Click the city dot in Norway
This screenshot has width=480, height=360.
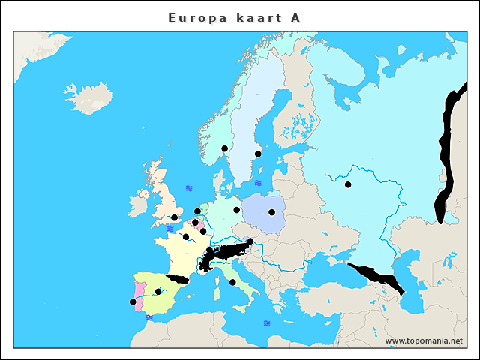tap(224, 148)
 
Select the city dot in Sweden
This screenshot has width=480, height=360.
tap(258, 154)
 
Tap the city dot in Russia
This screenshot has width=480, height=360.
tap(348, 184)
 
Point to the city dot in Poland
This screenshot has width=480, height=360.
tap(271, 212)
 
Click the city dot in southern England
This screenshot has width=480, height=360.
tap(174, 217)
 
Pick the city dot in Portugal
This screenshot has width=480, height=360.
tap(133, 301)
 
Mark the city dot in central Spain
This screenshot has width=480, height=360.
tap(157, 291)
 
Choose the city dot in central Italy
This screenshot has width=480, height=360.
tap(232, 282)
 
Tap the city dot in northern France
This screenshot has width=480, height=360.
tap(186, 237)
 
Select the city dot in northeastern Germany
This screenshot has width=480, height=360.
tap(236, 210)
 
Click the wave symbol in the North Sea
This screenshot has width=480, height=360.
tap(189, 188)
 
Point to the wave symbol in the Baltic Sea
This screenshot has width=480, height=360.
tap(258, 182)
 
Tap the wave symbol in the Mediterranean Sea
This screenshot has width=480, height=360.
tap(267, 323)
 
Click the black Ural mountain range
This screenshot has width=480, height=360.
tap(448, 157)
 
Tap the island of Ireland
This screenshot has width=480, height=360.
tap(139, 202)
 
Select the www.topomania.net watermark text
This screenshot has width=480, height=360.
tap(424, 341)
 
